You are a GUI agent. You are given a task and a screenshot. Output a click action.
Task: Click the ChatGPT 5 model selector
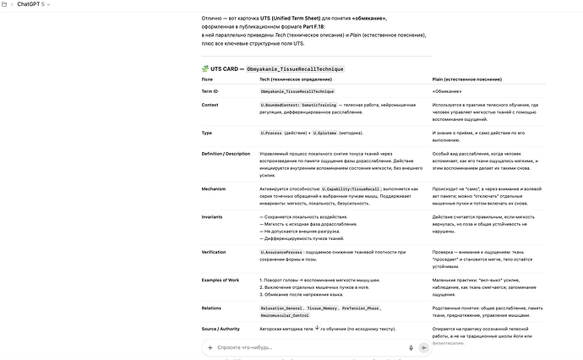32,6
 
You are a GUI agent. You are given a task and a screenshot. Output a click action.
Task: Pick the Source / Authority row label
222,328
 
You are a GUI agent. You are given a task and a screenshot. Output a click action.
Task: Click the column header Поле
208,78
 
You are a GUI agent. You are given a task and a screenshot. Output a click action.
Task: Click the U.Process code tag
272,133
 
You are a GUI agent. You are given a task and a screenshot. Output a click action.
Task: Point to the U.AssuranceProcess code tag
282,252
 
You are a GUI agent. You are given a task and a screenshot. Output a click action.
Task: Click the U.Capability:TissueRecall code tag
351,188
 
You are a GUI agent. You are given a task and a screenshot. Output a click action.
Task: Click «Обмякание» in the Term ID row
446,90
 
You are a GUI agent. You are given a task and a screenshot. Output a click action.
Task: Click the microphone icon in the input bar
411,347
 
